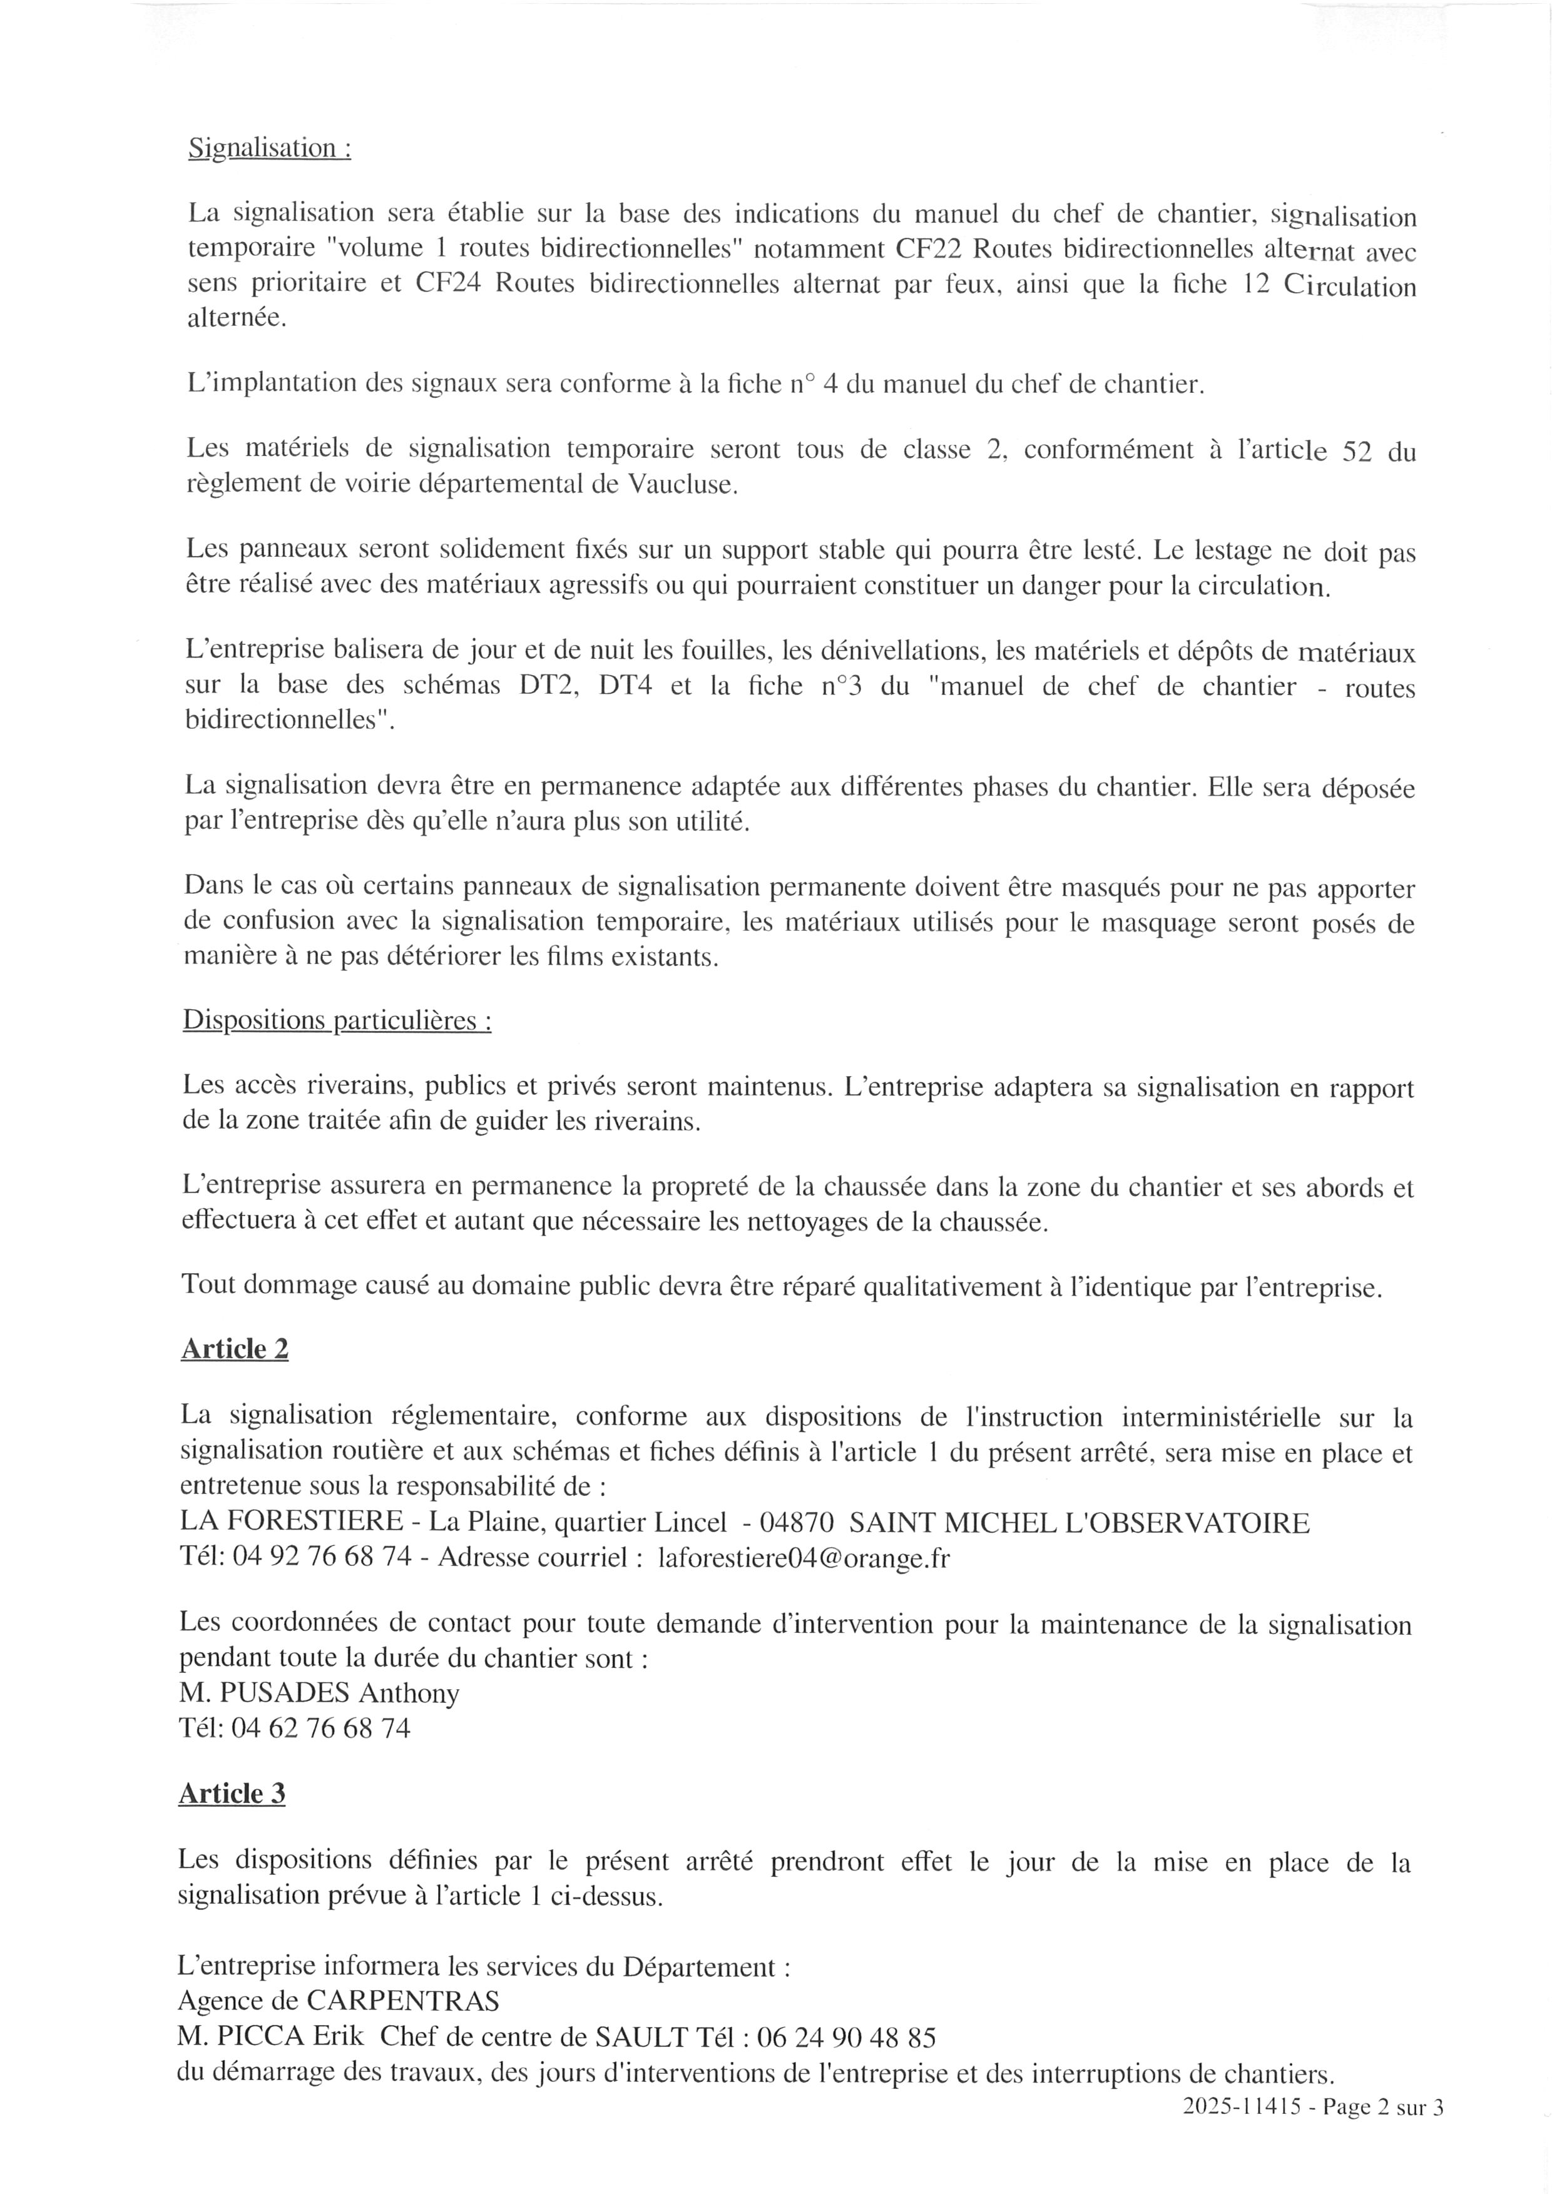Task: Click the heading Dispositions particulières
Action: click(x=337, y=1020)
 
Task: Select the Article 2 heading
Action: click(x=234, y=1348)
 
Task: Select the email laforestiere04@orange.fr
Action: click(x=804, y=1558)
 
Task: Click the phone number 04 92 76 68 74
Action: click(x=322, y=1558)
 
